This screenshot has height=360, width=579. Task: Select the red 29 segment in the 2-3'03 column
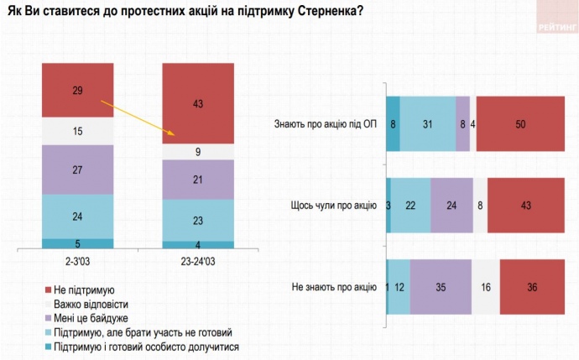pos(77,91)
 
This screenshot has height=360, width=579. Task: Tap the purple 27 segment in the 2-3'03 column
pos(77,169)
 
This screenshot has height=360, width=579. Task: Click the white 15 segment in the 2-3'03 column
pos(77,130)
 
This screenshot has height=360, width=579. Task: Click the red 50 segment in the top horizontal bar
pos(520,124)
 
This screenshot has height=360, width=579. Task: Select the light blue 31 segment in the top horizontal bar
pos(428,124)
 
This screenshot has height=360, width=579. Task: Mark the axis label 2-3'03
pos(77,261)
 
